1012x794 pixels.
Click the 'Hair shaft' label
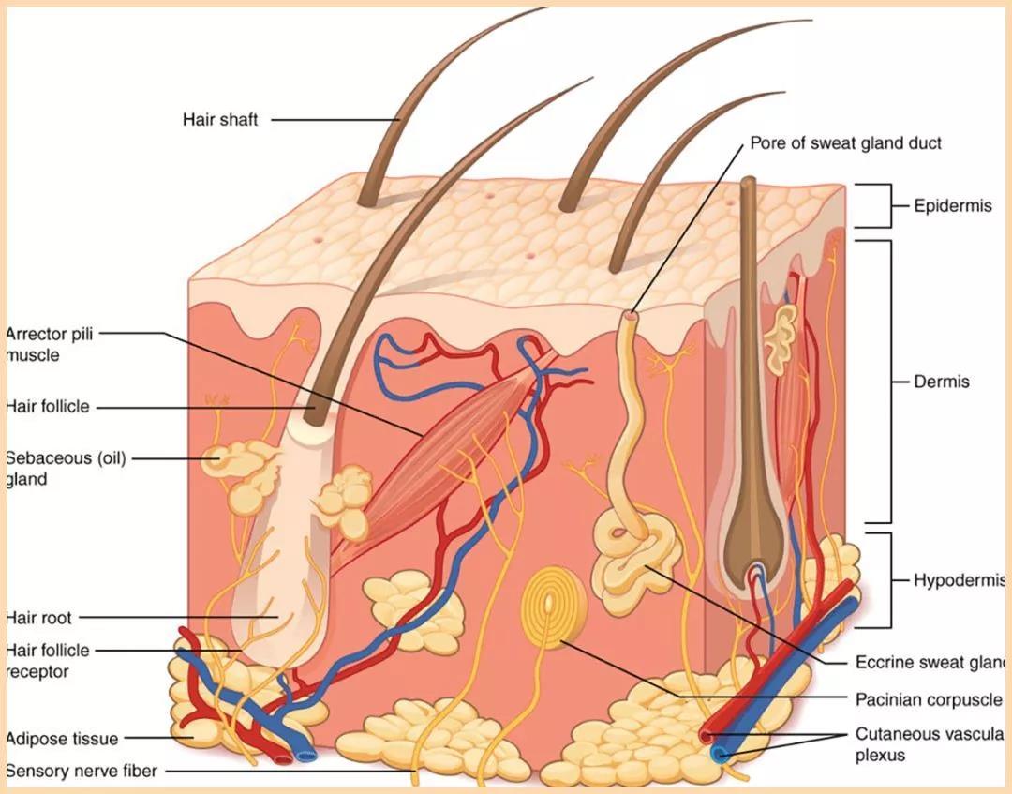click(220, 120)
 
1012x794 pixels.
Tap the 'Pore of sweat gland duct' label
click(845, 143)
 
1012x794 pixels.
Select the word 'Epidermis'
click(952, 206)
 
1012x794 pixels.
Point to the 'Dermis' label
click(942, 382)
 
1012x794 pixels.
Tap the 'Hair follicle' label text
click(47, 407)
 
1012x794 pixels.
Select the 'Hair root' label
click(38, 618)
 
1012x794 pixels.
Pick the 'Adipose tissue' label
click(62, 739)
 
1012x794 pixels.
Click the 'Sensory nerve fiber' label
click(82, 772)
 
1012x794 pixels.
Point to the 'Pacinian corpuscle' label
click(928, 699)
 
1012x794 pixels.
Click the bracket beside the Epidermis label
click(877, 206)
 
